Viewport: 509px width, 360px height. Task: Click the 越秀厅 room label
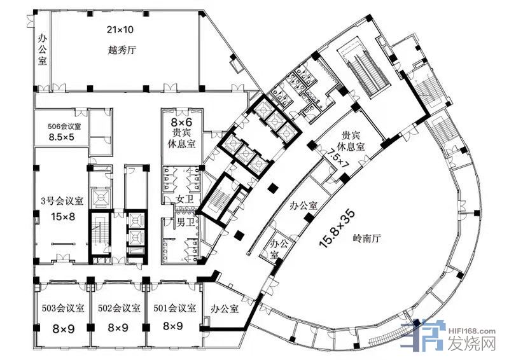click(x=122, y=50)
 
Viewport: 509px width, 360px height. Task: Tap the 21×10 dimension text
click(x=120, y=30)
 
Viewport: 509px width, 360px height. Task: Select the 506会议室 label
click(x=64, y=127)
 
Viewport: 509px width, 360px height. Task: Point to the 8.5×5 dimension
click(x=61, y=137)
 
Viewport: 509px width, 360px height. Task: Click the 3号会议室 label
click(x=62, y=201)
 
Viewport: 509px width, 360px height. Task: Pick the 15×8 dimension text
click(x=63, y=216)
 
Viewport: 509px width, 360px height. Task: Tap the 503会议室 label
click(x=63, y=308)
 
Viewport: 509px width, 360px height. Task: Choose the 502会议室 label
click(x=119, y=308)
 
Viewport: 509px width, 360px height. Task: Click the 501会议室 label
click(x=175, y=308)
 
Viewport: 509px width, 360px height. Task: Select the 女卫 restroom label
click(x=185, y=199)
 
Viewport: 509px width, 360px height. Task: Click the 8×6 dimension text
click(x=181, y=121)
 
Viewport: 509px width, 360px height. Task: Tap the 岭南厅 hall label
click(x=366, y=239)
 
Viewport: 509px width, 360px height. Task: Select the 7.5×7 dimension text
click(x=338, y=159)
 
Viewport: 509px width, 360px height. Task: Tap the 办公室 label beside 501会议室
click(x=225, y=308)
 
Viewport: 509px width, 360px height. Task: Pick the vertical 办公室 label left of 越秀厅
click(x=43, y=50)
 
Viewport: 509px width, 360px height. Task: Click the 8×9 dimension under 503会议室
click(x=63, y=329)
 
